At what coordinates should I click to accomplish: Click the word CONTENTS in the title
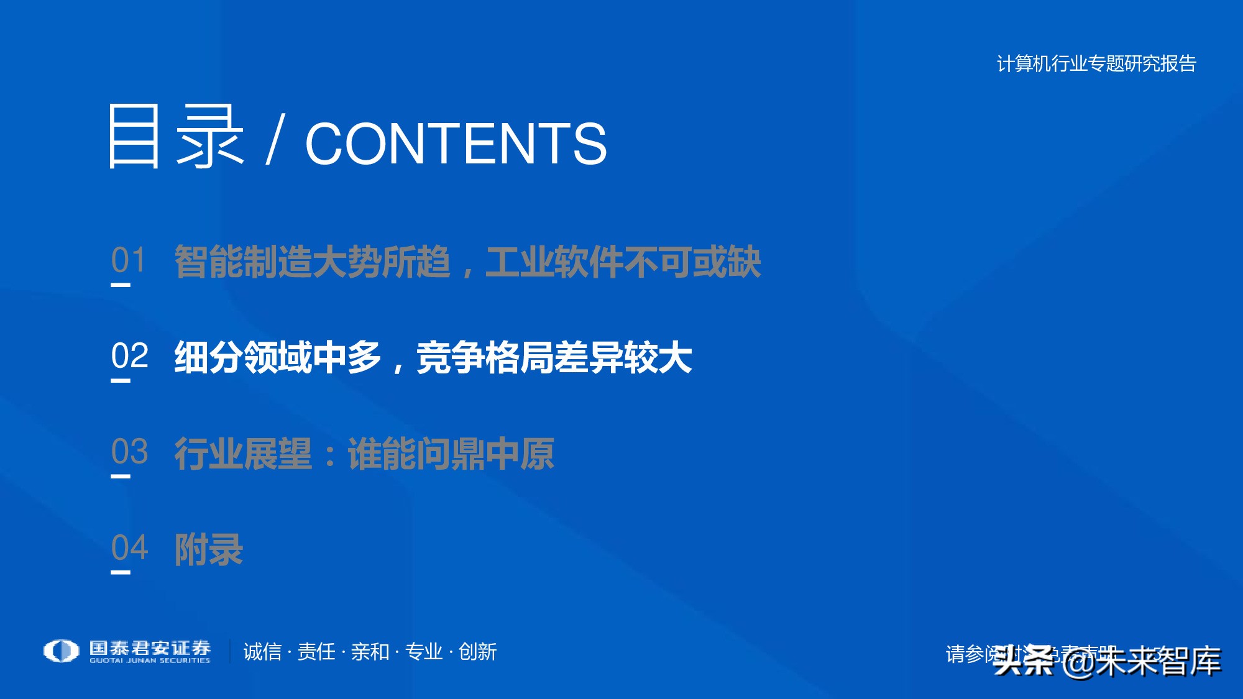point(456,144)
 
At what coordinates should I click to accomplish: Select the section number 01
point(129,260)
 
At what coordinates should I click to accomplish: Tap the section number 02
point(130,357)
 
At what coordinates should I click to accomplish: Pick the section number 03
point(130,452)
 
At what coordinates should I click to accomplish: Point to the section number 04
point(130,548)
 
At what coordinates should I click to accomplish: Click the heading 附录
point(209,550)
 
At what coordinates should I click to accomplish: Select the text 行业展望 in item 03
point(243,454)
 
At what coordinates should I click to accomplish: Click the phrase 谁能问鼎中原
point(451,454)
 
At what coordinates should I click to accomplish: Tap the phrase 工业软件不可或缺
point(623,262)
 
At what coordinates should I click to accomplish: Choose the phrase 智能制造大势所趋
point(313,262)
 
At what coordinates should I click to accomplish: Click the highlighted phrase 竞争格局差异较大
point(554,359)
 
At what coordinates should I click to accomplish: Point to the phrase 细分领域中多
point(278,359)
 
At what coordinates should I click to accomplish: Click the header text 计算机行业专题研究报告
point(1096,64)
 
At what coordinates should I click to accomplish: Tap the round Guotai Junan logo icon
point(61,651)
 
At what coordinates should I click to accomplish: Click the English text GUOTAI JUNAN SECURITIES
point(150,660)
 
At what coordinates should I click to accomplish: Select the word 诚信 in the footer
point(262,652)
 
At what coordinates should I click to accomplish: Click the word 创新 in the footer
point(477,652)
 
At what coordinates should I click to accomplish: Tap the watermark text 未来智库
point(1158,661)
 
